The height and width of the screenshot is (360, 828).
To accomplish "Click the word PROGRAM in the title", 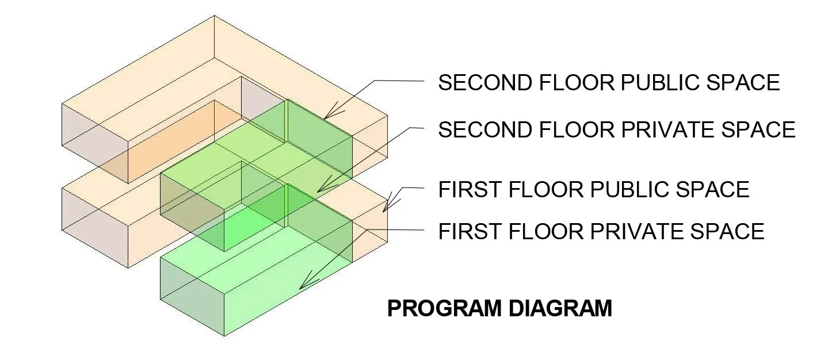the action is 443,309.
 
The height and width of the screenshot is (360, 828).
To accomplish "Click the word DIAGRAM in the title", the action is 560,309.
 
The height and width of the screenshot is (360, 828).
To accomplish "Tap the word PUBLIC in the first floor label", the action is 627,190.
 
